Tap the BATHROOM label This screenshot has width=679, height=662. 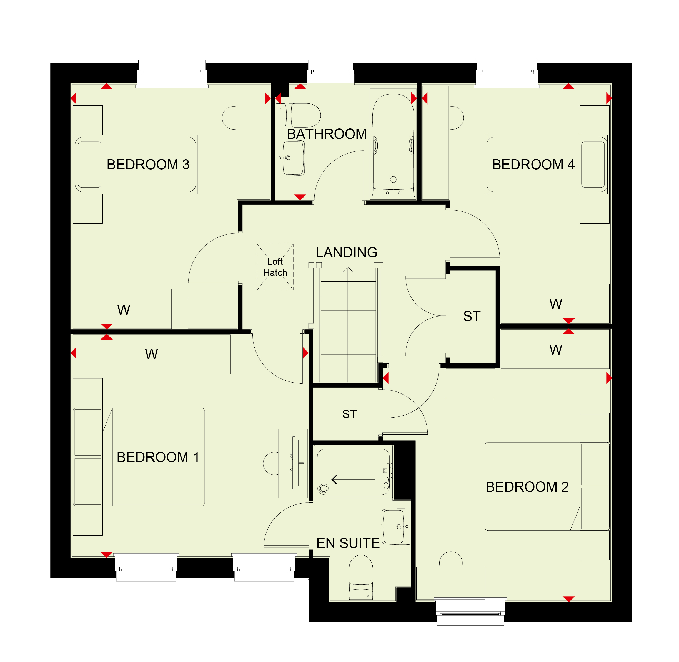pyautogui.click(x=327, y=134)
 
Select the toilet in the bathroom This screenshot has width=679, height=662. pyautogui.click(x=298, y=115)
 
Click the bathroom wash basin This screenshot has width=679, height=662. pyautogui.click(x=290, y=158)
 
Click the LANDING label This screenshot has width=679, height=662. pyautogui.click(x=346, y=252)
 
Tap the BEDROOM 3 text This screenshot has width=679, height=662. pyautogui.click(x=148, y=165)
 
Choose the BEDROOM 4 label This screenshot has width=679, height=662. pyautogui.click(x=533, y=165)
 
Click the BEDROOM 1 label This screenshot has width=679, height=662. pyautogui.click(x=158, y=457)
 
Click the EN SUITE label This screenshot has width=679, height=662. pyautogui.click(x=348, y=543)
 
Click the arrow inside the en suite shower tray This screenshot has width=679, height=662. pyautogui.click(x=353, y=480)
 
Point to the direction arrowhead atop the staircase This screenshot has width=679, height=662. pyautogui.click(x=348, y=269)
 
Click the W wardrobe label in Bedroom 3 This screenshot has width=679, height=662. pyautogui.click(x=124, y=310)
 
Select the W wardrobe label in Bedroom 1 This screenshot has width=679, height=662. pyautogui.click(x=151, y=354)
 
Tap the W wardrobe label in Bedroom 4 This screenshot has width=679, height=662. pyautogui.click(x=556, y=304)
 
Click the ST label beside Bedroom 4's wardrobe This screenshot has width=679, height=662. pyautogui.click(x=472, y=316)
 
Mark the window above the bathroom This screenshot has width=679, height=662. pyautogui.click(x=331, y=71)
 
